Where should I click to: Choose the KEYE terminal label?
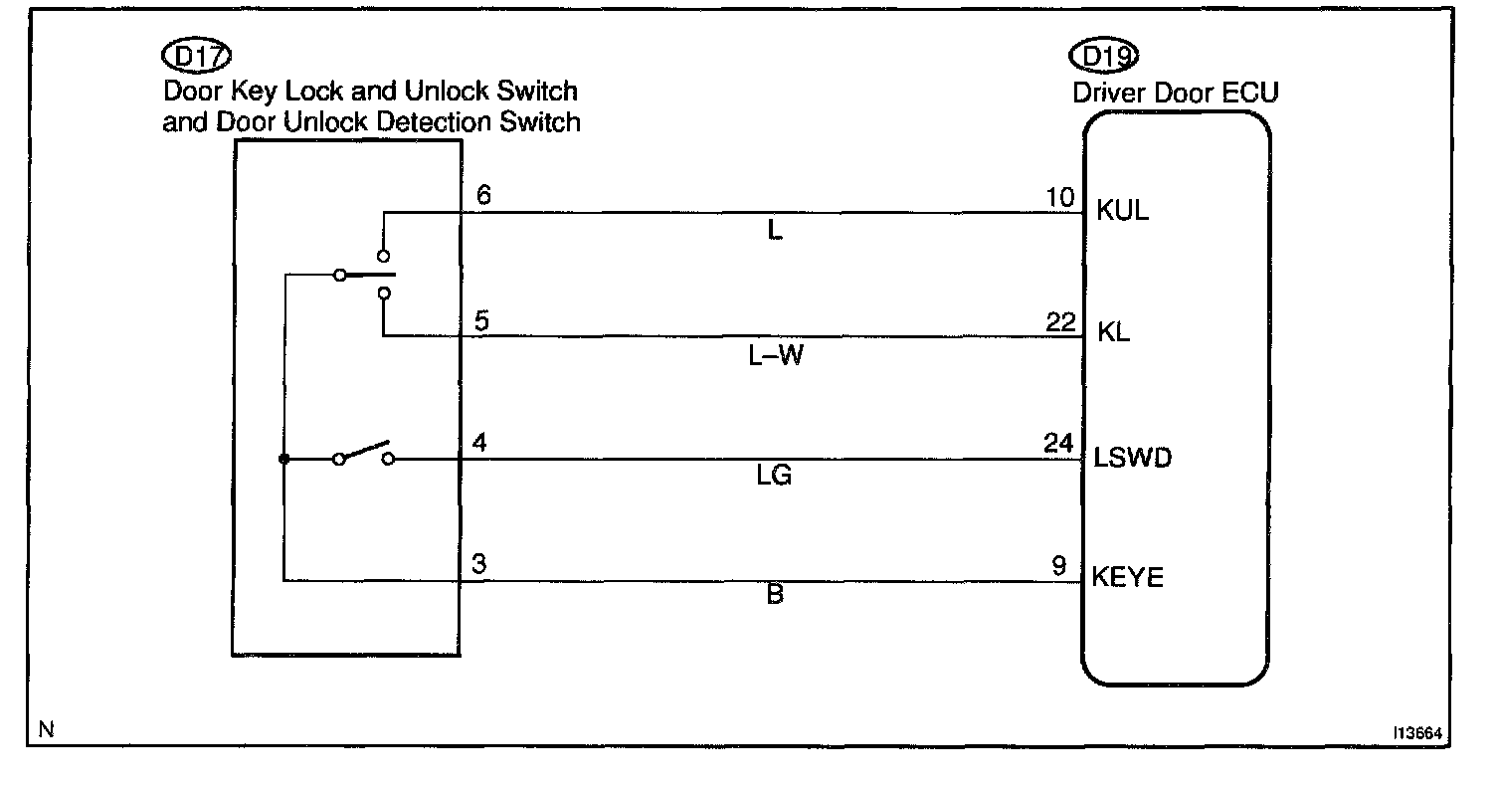(1128, 577)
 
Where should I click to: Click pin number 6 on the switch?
(483, 197)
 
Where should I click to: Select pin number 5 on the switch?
(482, 321)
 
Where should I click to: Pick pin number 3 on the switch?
(478, 564)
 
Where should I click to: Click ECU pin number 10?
(1061, 197)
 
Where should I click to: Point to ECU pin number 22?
(1061, 320)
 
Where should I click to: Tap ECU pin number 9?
(1060, 564)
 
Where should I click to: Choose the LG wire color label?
(774, 478)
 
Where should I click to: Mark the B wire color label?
(776, 596)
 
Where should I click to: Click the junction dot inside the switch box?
(283, 460)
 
